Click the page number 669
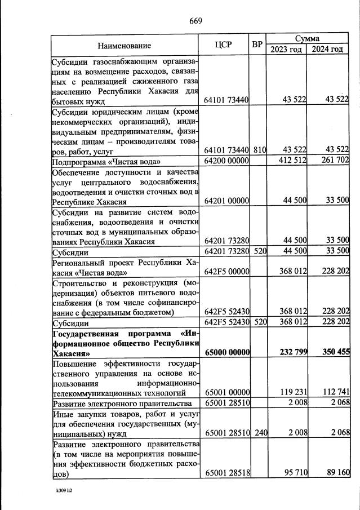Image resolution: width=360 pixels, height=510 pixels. [195, 21]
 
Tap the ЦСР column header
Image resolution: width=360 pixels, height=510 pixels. [224, 45]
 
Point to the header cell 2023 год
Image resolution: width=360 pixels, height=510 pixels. [286, 50]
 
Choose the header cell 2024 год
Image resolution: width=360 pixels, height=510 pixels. [327, 50]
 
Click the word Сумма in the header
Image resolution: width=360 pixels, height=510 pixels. [308, 39]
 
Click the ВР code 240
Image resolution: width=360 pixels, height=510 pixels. [259, 434]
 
